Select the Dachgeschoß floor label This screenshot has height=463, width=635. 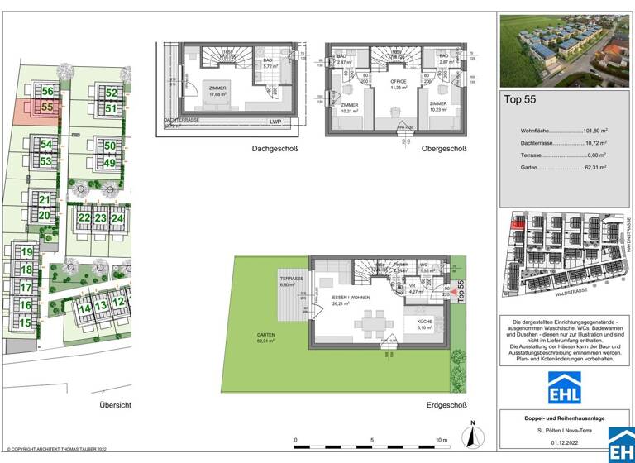[x=275, y=149]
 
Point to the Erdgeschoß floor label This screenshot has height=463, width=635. [x=446, y=405]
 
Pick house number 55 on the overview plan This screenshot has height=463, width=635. [x=47, y=107]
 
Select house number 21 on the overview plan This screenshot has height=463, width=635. [x=45, y=200]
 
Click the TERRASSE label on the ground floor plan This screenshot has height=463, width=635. [x=289, y=280]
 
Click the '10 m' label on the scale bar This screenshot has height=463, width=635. [x=441, y=440]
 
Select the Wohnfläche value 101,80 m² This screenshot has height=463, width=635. [x=592, y=130]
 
